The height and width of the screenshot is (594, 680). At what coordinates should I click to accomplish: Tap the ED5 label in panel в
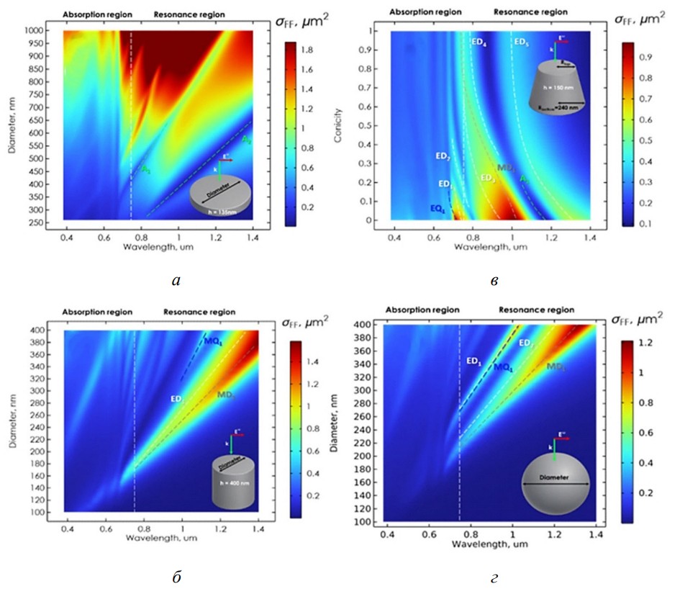coord(524,42)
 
